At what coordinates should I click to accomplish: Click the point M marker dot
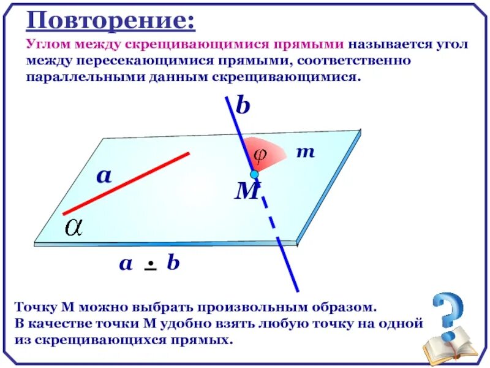click(x=254, y=174)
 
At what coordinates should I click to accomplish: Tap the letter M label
click(x=247, y=193)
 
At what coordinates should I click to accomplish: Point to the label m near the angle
click(x=305, y=151)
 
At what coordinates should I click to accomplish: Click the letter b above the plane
click(x=243, y=107)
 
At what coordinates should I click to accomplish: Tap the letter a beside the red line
click(x=104, y=176)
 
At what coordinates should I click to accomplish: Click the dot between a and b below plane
click(x=149, y=265)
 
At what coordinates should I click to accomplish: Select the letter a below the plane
click(x=126, y=264)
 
